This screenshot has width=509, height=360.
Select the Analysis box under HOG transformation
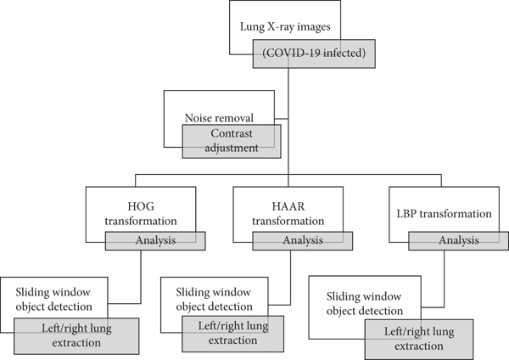[155, 241]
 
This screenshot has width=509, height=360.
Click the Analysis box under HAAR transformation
[303, 241]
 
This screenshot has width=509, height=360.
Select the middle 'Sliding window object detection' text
[207, 299]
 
